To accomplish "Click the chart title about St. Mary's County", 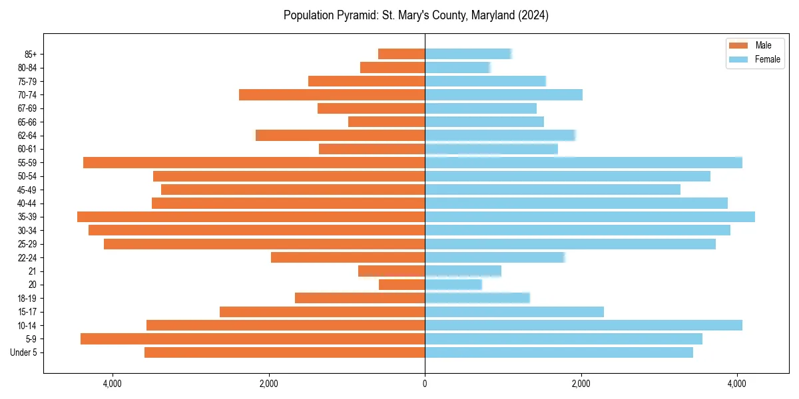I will point(415,15).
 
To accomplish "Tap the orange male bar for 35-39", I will point(251,217).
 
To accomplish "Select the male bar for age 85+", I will point(401,54).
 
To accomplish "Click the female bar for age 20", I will point(453,285).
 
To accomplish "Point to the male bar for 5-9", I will point(252,339).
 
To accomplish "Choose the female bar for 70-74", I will point(503,95).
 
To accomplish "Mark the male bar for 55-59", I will point(254,163).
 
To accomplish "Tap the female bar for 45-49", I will point(553,190).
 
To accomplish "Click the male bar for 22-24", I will point(348,257).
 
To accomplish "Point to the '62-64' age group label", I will point(27,136).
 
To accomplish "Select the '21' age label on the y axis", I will point(33,271).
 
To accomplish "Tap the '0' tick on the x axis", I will point(425,384).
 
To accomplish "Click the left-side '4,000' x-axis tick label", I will point(112,384).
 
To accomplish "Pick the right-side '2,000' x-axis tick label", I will point(581,384).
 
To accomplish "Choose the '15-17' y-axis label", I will point(27,312).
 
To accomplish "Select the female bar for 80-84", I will point(457,68).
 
